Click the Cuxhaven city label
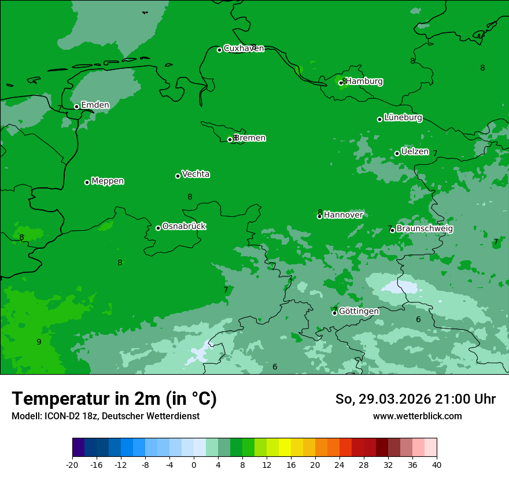click(244, 49)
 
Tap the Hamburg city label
click(364, 82)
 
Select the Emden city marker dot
click(76, 106)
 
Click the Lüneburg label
click(403, 118)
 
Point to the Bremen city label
click(250, 138)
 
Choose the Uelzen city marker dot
click(397, 153)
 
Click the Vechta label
click(196, 174)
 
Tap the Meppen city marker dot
click(87, 182)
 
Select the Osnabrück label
click(184, 226)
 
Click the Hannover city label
click(343, 215)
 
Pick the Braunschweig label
click(425, 229)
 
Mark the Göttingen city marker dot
click(334, 313)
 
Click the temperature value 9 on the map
click(39, 342)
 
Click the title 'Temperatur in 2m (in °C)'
click(114, 399)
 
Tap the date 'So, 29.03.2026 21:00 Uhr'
click(415, 399)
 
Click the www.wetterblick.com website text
click(417, 416)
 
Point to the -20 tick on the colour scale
click(72, 464)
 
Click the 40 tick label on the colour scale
click(437, 464)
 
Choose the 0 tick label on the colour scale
click(194, 464)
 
